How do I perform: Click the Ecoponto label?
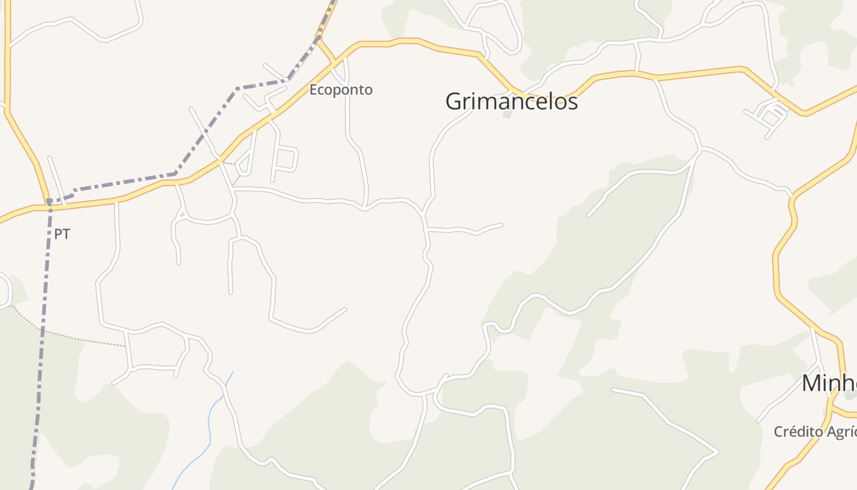(x=340, y=90)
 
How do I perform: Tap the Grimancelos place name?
(x=511, y=102)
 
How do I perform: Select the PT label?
(x=62, y=234)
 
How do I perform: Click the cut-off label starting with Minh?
(x=829, y=383)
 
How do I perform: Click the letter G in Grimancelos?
(x=454, y=102)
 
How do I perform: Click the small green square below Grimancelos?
(x=507, y=114)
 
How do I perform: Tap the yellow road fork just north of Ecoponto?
(x=318, y=39)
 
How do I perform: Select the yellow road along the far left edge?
(x=8, y=61)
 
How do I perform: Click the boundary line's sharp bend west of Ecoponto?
(x=238, y=89)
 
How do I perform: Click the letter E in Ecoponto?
(x=313, y=90)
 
